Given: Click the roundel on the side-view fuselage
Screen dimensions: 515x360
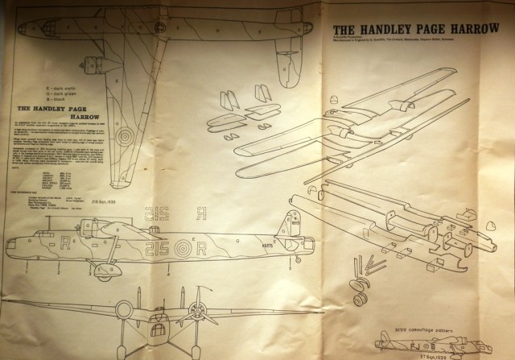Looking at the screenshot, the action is click(x=183, y=249).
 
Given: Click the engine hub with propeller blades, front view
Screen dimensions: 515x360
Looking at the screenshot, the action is click(x=196, y=310).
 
